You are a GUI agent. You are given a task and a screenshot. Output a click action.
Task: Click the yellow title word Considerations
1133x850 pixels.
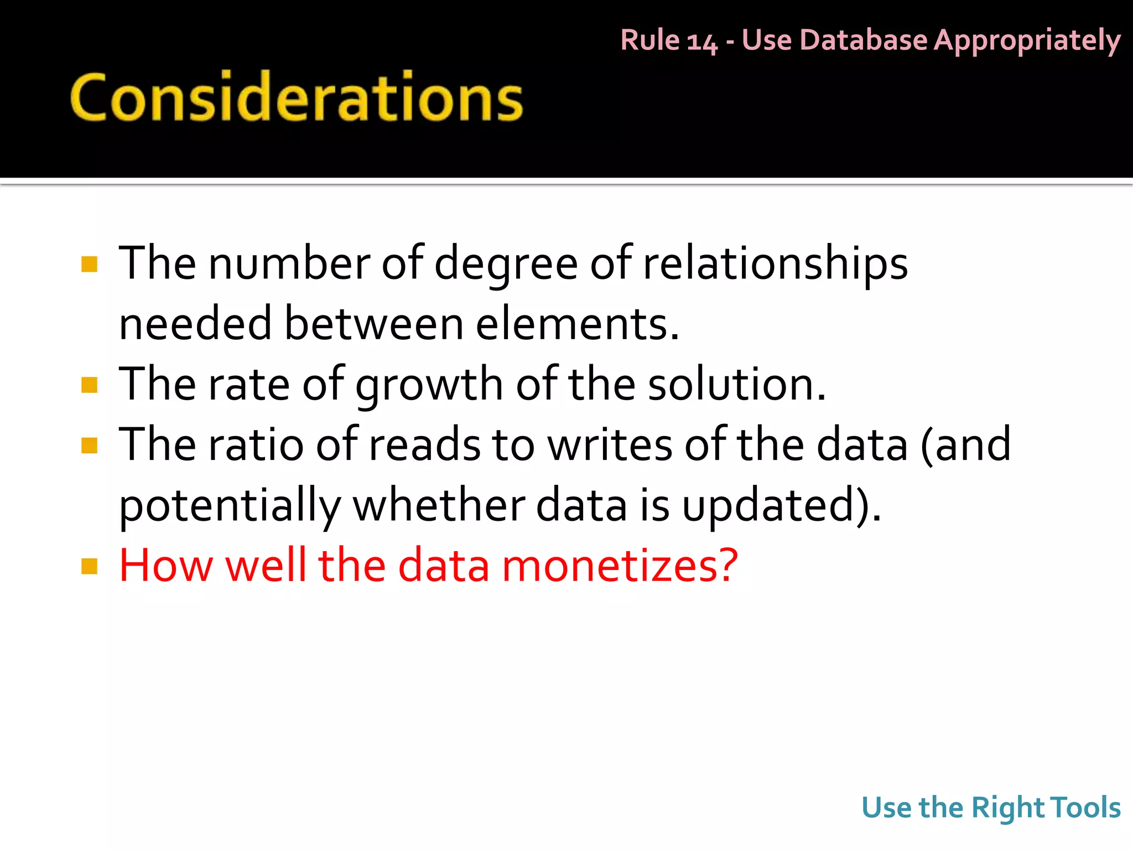tap(297, 97)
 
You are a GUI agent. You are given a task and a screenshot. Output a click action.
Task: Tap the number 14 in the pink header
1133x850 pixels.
tap(702, 42)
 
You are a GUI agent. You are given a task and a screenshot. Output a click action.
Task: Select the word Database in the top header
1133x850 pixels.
tap(862, 40)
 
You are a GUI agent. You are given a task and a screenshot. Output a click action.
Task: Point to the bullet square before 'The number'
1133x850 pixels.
tap(89, 264)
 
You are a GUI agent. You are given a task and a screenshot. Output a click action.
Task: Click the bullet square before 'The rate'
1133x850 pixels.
tap(89, 385)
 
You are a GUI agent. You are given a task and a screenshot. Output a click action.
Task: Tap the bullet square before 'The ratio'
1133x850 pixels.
tap(89, 445)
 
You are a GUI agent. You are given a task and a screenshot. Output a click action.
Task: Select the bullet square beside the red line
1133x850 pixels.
tap(89, 566)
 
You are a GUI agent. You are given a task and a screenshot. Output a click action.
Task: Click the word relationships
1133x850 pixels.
tap(775, 263)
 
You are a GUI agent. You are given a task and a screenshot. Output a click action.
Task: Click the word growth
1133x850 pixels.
tap(429, 385)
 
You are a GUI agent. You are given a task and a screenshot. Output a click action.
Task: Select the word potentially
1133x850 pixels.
tap(230, 506)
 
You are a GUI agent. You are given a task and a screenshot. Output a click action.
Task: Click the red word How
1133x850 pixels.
tap(166, 566)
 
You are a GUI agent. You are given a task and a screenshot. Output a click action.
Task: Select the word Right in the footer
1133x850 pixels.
tap(1007, 808)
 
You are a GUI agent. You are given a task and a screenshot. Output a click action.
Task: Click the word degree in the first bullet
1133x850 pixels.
tap(506, 265)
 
